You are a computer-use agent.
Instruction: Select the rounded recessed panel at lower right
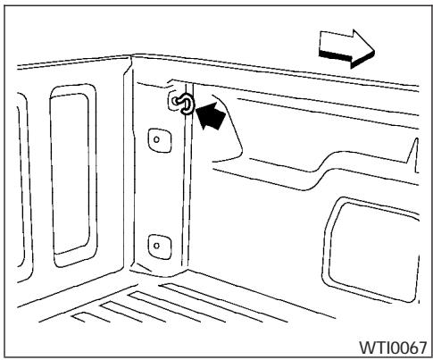374,237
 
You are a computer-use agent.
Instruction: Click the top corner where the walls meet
133,59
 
